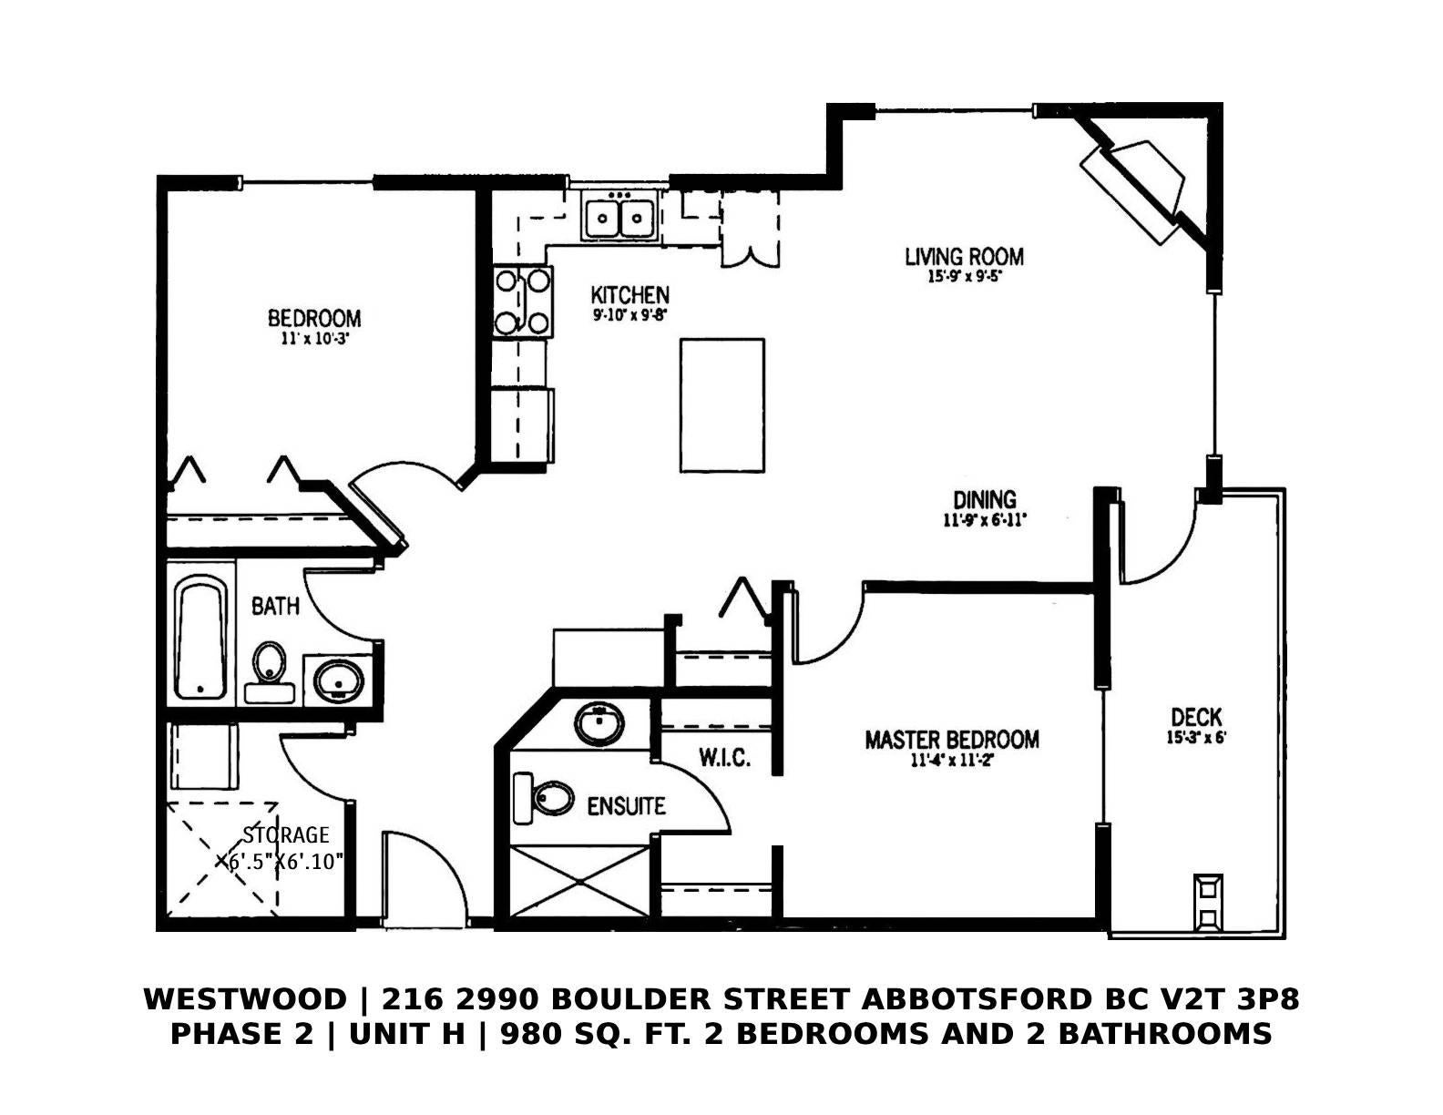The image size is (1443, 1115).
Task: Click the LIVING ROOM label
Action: [964, 257]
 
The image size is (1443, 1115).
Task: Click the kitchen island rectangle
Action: [721, 405]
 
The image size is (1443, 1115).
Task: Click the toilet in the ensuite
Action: [543, 798]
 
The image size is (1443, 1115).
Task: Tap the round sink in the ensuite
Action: [599, 724]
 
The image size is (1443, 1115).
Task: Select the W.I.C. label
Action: [725, 758]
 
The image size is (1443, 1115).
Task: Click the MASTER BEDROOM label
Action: [952, 740]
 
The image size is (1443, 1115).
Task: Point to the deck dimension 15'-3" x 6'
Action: [1196, 737]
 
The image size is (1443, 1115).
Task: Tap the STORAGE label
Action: [285, 834]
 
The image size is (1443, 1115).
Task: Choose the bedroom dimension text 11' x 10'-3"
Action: [314, 339]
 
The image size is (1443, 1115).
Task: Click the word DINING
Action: [985, 499]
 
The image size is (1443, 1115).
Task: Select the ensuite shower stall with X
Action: [579, 881]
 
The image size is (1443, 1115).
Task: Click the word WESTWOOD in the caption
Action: [245, 998]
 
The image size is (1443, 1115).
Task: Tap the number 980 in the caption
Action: [527, 1033]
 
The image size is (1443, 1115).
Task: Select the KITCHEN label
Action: [630, 295]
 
